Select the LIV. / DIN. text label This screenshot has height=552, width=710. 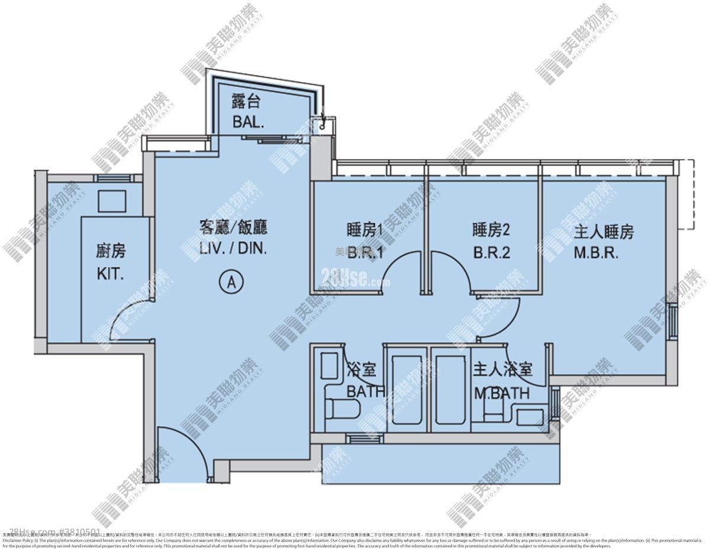click(x=233, y=249)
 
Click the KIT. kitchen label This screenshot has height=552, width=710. click(x=111, y=274)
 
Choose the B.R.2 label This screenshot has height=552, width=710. click(x=491, y=253)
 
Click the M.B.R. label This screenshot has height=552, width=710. click(x=596, y=253)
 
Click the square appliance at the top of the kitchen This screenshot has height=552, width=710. click(x=111, y=201)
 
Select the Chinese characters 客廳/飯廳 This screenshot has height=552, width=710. click(x=233, y=228)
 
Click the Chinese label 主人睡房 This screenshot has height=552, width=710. click(x=603, y=232)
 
